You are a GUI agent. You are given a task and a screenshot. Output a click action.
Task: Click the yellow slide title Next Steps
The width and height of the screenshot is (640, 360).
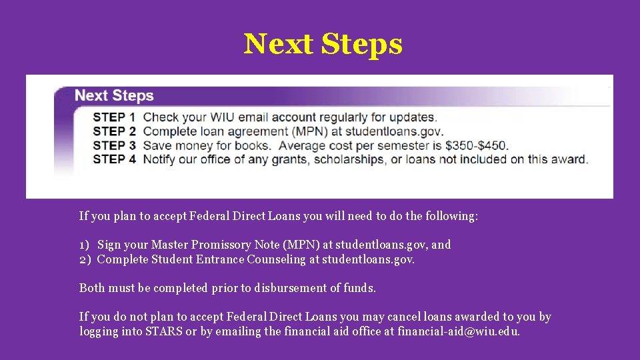pos(323,45)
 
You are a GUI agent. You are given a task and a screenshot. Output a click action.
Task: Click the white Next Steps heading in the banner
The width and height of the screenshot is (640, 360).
pos(114,95)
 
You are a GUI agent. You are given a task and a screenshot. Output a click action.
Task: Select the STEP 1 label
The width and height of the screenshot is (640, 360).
pos(114,118)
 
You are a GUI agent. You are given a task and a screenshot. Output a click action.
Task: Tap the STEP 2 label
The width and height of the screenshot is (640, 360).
pos(114,132)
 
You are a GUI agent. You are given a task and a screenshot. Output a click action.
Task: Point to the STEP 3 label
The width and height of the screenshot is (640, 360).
pos(114,145)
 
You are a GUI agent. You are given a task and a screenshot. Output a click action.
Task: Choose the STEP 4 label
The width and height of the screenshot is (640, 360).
pos(114,159)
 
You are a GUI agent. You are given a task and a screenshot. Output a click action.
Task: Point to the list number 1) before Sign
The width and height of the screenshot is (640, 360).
pos(85,245)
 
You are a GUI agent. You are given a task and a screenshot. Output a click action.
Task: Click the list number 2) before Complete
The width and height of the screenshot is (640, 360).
pos(85,259)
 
